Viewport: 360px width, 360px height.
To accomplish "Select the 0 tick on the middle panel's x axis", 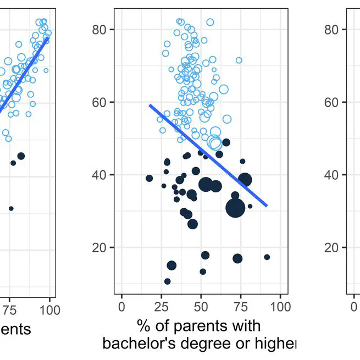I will [121, 306].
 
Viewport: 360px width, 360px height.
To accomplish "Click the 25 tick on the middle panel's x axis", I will [162, 306].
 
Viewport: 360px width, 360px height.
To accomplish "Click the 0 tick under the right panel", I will [353, 306].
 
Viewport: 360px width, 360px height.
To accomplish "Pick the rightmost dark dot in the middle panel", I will [267, 257].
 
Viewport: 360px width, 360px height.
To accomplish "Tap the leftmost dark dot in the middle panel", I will [149, 178].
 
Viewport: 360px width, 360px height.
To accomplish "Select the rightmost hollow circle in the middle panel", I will [239, 60].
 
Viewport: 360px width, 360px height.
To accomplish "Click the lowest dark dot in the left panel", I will [11, 208].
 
